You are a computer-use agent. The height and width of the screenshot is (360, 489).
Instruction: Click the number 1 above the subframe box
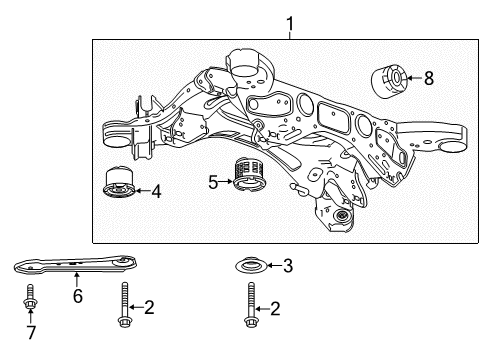(291, 22)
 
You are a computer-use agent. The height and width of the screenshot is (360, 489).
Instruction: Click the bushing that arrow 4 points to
(119, 185)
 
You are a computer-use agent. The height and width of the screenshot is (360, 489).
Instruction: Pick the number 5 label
(213, 182)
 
